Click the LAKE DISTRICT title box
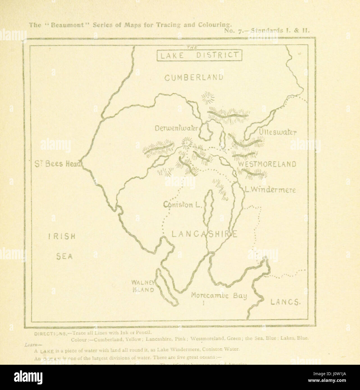199,55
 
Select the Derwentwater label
176,128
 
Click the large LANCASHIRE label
205,234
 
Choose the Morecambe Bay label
219,295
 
